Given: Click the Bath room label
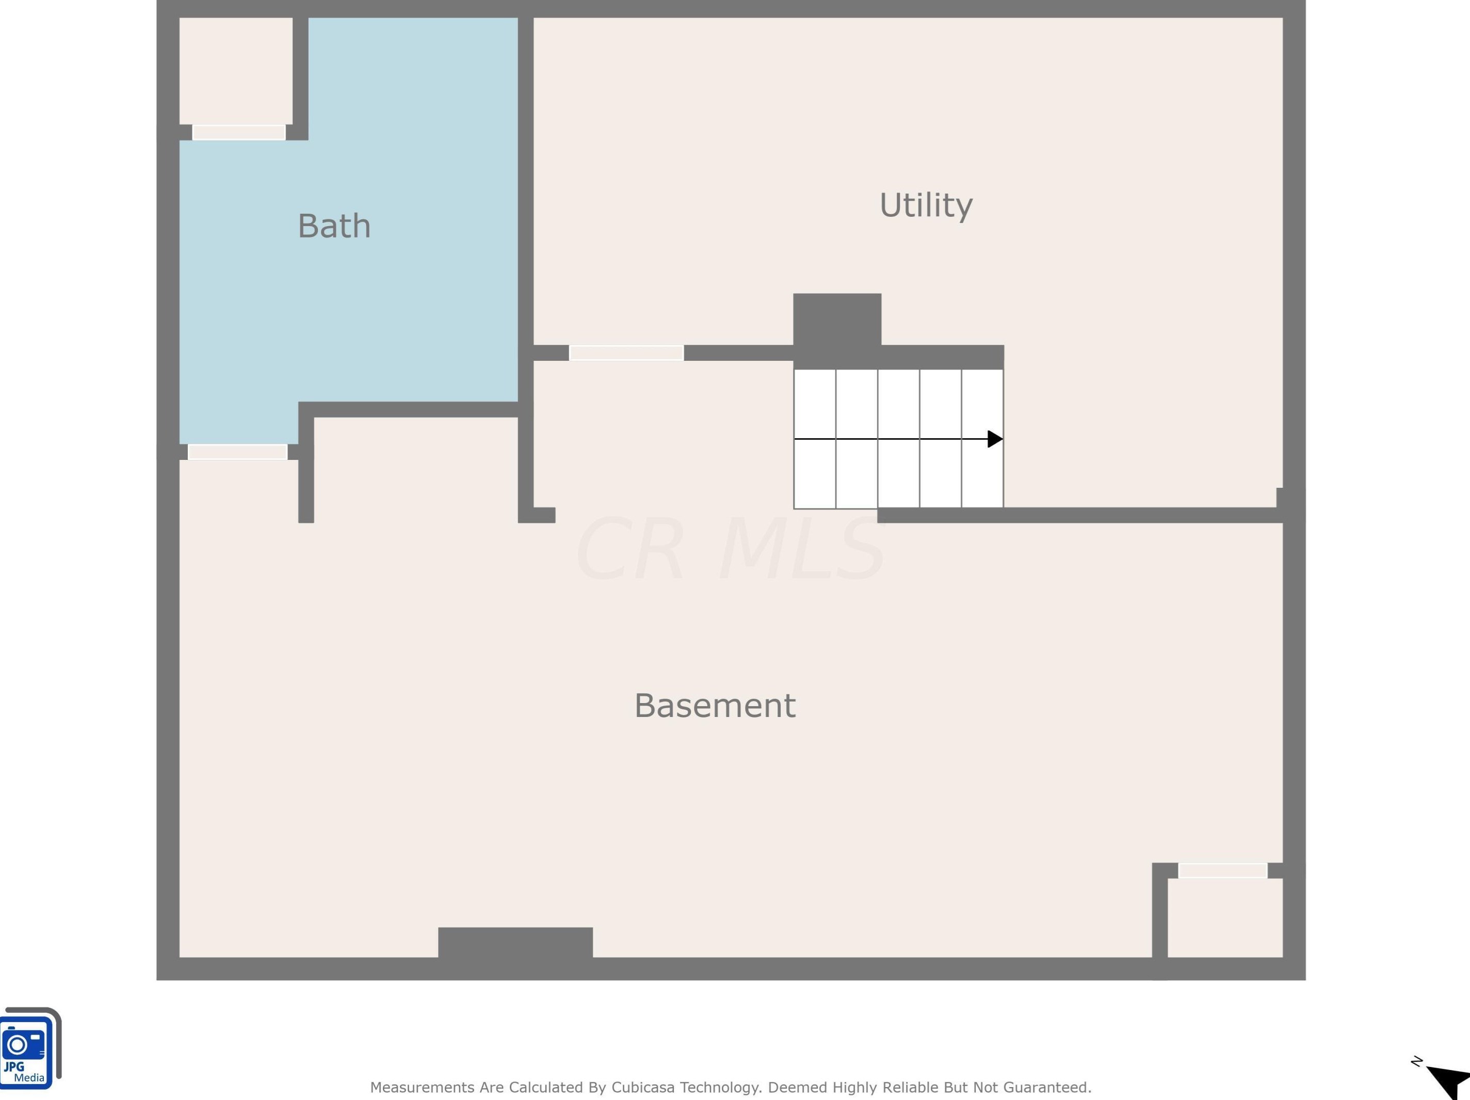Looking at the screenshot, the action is tap(334, 226).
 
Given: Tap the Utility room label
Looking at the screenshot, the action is tap(926, 205).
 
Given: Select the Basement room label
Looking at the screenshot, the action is tap(715, 705).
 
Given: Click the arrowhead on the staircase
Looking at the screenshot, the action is tap(995, 439).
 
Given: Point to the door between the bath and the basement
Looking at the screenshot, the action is tap(237, 452).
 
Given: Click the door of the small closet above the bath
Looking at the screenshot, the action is tap(238, 132).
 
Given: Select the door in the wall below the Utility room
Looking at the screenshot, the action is tap(626, 353).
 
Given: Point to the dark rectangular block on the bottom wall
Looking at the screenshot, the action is tap(515, 943).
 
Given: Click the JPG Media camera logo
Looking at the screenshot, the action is tap(30, 1048).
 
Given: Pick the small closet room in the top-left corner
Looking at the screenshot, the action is tap(236, 71).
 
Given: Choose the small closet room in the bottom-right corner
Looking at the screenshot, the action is tap(1225, 917).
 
